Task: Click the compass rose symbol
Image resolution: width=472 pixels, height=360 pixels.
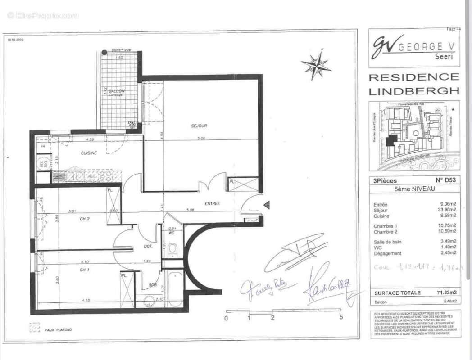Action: pyautogui.click(x=316, y=66)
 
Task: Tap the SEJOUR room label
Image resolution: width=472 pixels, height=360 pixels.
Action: pyautogui.click(x=199, y=126)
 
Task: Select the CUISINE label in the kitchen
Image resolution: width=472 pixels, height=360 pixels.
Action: pyautogui.click(x=89, y=153)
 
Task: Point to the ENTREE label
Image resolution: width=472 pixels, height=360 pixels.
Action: pyautogui.click(x=212, y=203)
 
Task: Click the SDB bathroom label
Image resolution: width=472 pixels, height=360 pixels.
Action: pyautogui.click(x=154, y=285)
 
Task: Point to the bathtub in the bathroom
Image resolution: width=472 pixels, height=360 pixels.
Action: pyautogui.click(x=173, y=288)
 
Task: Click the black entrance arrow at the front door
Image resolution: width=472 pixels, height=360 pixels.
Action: pyautogui.click(x=266, y=205)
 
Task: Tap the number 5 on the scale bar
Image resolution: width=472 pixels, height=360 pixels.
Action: pyautogui.click(x=341, y=317)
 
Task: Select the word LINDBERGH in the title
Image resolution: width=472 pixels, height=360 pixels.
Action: pyautogui.click(x=414, y=91)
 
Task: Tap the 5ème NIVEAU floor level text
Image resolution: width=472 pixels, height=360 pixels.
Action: pyautogui.click(x=414, y=189)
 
